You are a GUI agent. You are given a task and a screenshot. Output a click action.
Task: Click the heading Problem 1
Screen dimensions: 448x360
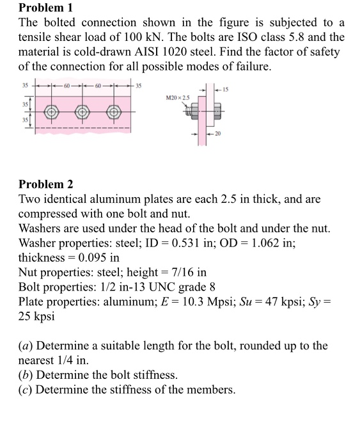click(45, 8)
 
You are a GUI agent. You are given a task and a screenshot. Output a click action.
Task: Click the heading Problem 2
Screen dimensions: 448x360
click(45, 184)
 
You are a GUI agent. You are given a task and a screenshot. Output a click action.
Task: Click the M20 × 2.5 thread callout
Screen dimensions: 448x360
click(179, 96)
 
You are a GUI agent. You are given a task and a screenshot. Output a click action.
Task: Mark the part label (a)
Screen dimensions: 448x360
click(27, 346)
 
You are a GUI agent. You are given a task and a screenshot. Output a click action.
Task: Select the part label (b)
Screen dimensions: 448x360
click(27, 375)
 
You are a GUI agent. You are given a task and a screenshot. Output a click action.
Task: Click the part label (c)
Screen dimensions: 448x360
click(27, 389)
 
